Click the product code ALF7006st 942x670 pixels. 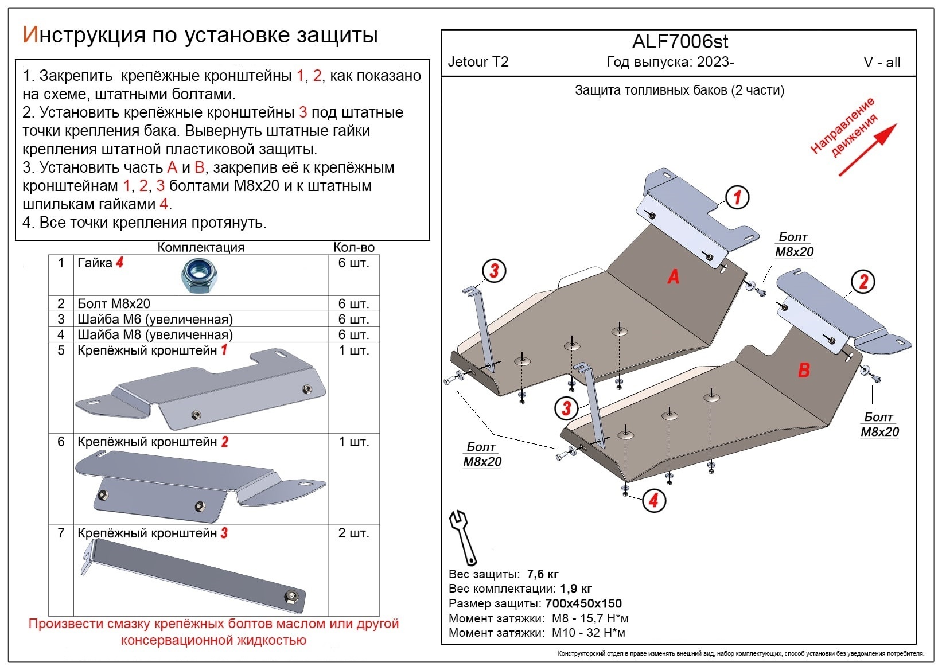tap(680, 42)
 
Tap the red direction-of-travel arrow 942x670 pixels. tap(867, 150)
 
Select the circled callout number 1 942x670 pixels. tap(737, 197)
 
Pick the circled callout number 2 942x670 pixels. tap(863, 282)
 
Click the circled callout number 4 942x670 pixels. tap(653, 501)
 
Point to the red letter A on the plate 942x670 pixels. tap(673, 276)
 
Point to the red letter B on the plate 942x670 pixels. tap(804, 370)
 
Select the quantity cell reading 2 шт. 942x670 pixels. tap(353, 533)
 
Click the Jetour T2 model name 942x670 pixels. tap(478, 62)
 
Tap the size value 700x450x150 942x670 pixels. tap(583, 603)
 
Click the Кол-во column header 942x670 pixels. tap(354, 247)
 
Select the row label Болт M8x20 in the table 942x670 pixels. tap(114, 303)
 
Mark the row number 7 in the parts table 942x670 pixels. tap(61, 533)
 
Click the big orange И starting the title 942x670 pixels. tap(30, 35)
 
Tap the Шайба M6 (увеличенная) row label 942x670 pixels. tap(155, 319)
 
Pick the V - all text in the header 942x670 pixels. tap(881, 63)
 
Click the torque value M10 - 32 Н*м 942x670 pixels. tap(588, 633)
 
